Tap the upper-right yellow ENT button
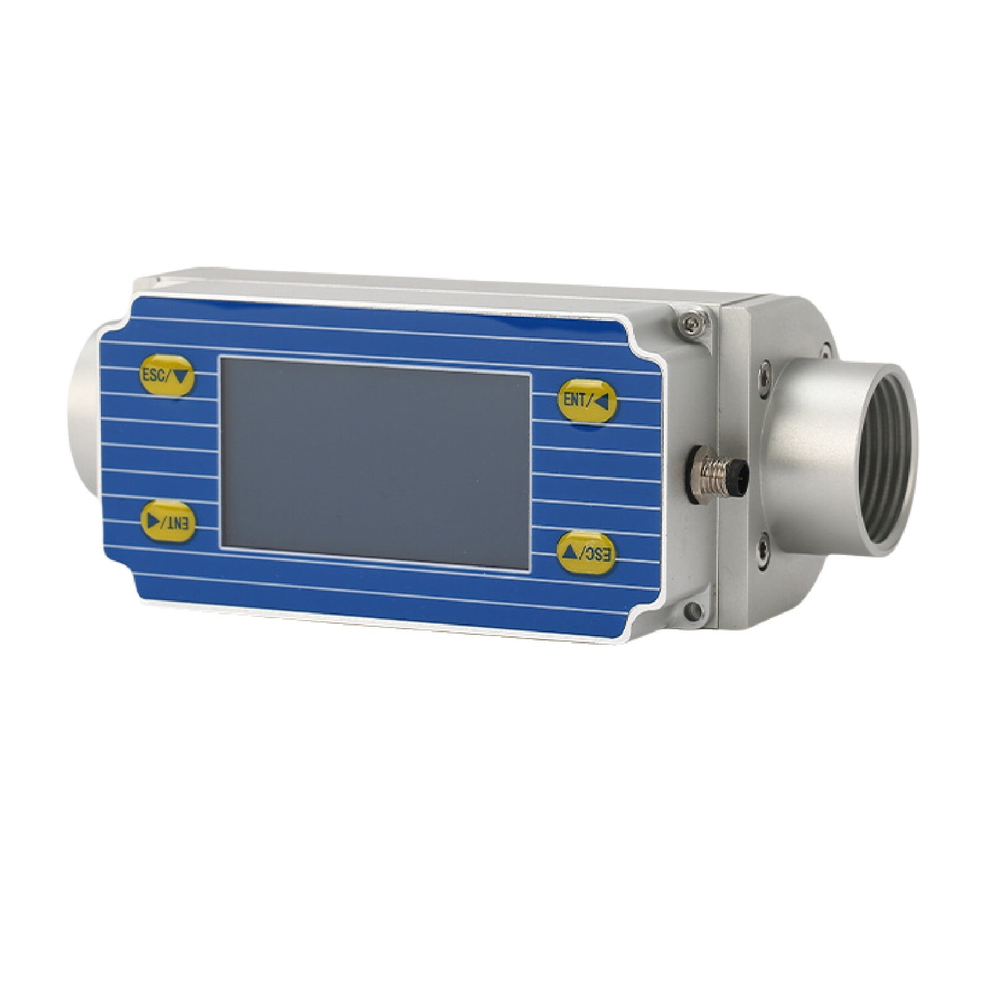point(587,401)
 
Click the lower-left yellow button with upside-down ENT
point(168,522)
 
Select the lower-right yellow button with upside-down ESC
point(587,553)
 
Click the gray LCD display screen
point(376,463)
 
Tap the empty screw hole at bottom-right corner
point(692,611)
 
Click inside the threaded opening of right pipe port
point(879,458)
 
